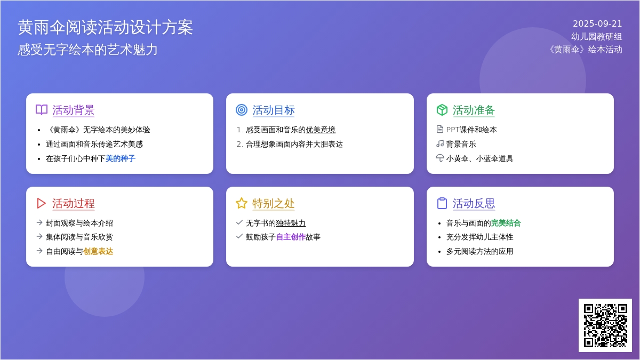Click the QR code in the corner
pyautogui.click(x=605, y=325)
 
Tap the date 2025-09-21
pyautogui.click(x=597, y=23)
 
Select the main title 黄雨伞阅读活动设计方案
pyautogui.click(x=105, y=27)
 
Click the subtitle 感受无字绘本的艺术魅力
pyautogui.click(x=87, y=50)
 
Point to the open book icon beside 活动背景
pyautogui.click(x=42, y=110)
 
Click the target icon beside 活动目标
pyautogui.click(x=242, y=110)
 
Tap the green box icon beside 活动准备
pyautogui.click(x=442, y=110)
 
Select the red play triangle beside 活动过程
pyautogui.click(x=42, y=203)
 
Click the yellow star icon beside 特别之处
pyautogui.click(x=242, y=203)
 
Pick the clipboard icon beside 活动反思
pyautogui.click(x=442, y=203)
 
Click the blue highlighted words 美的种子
pyautogui.click(x=121, y=158)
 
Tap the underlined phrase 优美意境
pyautogui.click(x=321, y=130)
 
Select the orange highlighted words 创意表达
pyautogui.click(x=98, y=251)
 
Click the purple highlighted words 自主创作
pyautogui.click(x=291, y=237)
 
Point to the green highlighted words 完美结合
pyautogui.click(x=506, y=223)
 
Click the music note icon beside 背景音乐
pyautogui.click(x=440, y=143)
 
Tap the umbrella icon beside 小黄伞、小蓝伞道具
pyautogui.click(x=440, y=158)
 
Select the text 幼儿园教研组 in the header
pyautogui.click(x=597, y=37)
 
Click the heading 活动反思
pyautogui.click(x=474, y=203)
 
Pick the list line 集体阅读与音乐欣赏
pyautogui.click(x=79, y=237)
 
